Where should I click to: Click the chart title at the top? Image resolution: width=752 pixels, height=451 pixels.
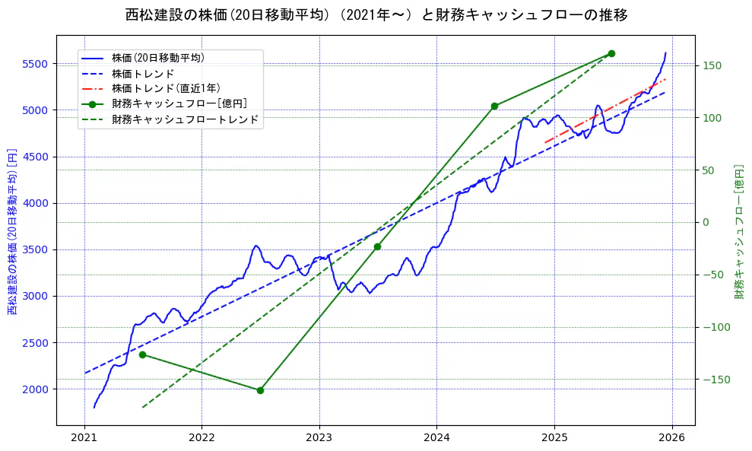376,14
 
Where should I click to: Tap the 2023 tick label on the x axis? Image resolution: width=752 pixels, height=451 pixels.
319,439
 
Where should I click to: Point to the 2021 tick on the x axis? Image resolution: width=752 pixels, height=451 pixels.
84,439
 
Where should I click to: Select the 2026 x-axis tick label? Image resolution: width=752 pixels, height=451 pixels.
671,439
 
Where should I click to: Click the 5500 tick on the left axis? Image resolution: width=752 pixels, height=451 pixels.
36,64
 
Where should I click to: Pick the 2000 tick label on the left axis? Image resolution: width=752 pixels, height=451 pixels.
36,389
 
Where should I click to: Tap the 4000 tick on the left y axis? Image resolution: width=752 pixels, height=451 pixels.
36,203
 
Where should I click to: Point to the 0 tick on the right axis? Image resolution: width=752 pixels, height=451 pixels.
705,223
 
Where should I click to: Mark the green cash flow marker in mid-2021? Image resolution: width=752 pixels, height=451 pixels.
142,354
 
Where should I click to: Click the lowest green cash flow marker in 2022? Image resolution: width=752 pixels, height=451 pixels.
260,390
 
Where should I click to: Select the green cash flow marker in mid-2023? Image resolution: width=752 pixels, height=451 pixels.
377,246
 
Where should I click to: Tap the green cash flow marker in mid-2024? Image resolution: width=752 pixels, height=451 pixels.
494,106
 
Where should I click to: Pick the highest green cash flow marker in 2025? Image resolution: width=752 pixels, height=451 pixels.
611,53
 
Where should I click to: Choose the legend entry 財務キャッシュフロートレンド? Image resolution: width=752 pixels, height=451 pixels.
185,119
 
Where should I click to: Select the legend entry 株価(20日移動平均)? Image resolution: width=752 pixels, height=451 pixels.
157,58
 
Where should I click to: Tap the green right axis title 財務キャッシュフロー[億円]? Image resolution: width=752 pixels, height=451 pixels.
739,231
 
